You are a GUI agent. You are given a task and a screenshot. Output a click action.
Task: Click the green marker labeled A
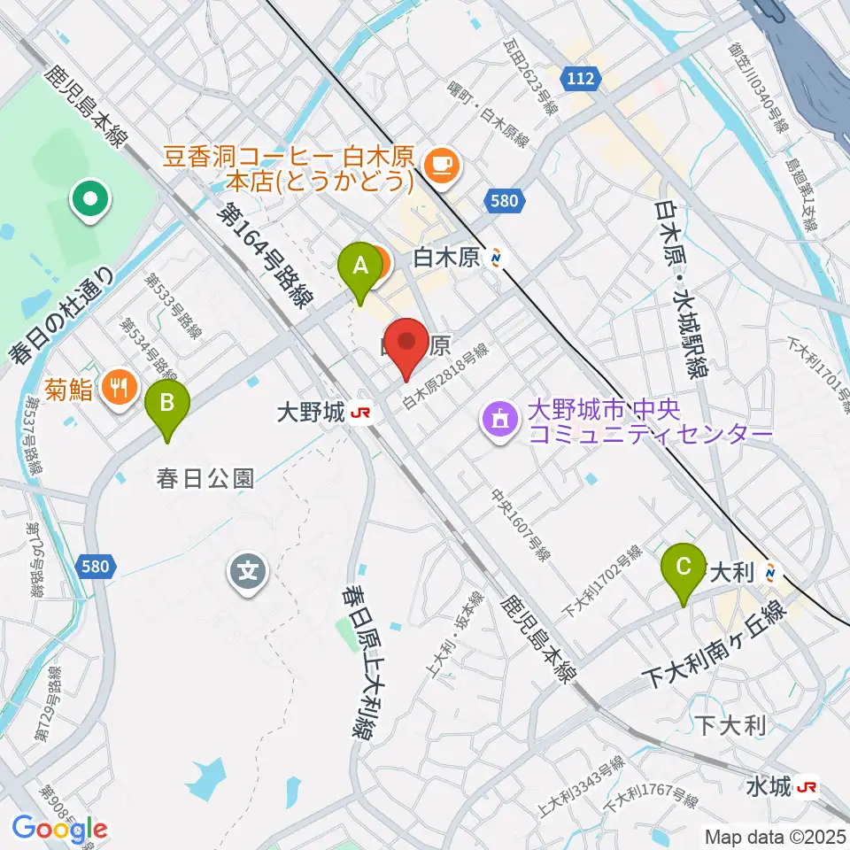(360, 266)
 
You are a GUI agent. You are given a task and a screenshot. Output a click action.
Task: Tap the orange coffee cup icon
(439, 164)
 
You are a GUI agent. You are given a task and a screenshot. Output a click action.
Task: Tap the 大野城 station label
(311, 412)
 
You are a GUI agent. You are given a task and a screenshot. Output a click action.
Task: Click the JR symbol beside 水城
(807, 786)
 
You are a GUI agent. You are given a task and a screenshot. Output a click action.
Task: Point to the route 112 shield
(581, 79)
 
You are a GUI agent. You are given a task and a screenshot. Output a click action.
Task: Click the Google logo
(60, 830)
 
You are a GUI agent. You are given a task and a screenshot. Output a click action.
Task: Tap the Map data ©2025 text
(775, 835)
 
